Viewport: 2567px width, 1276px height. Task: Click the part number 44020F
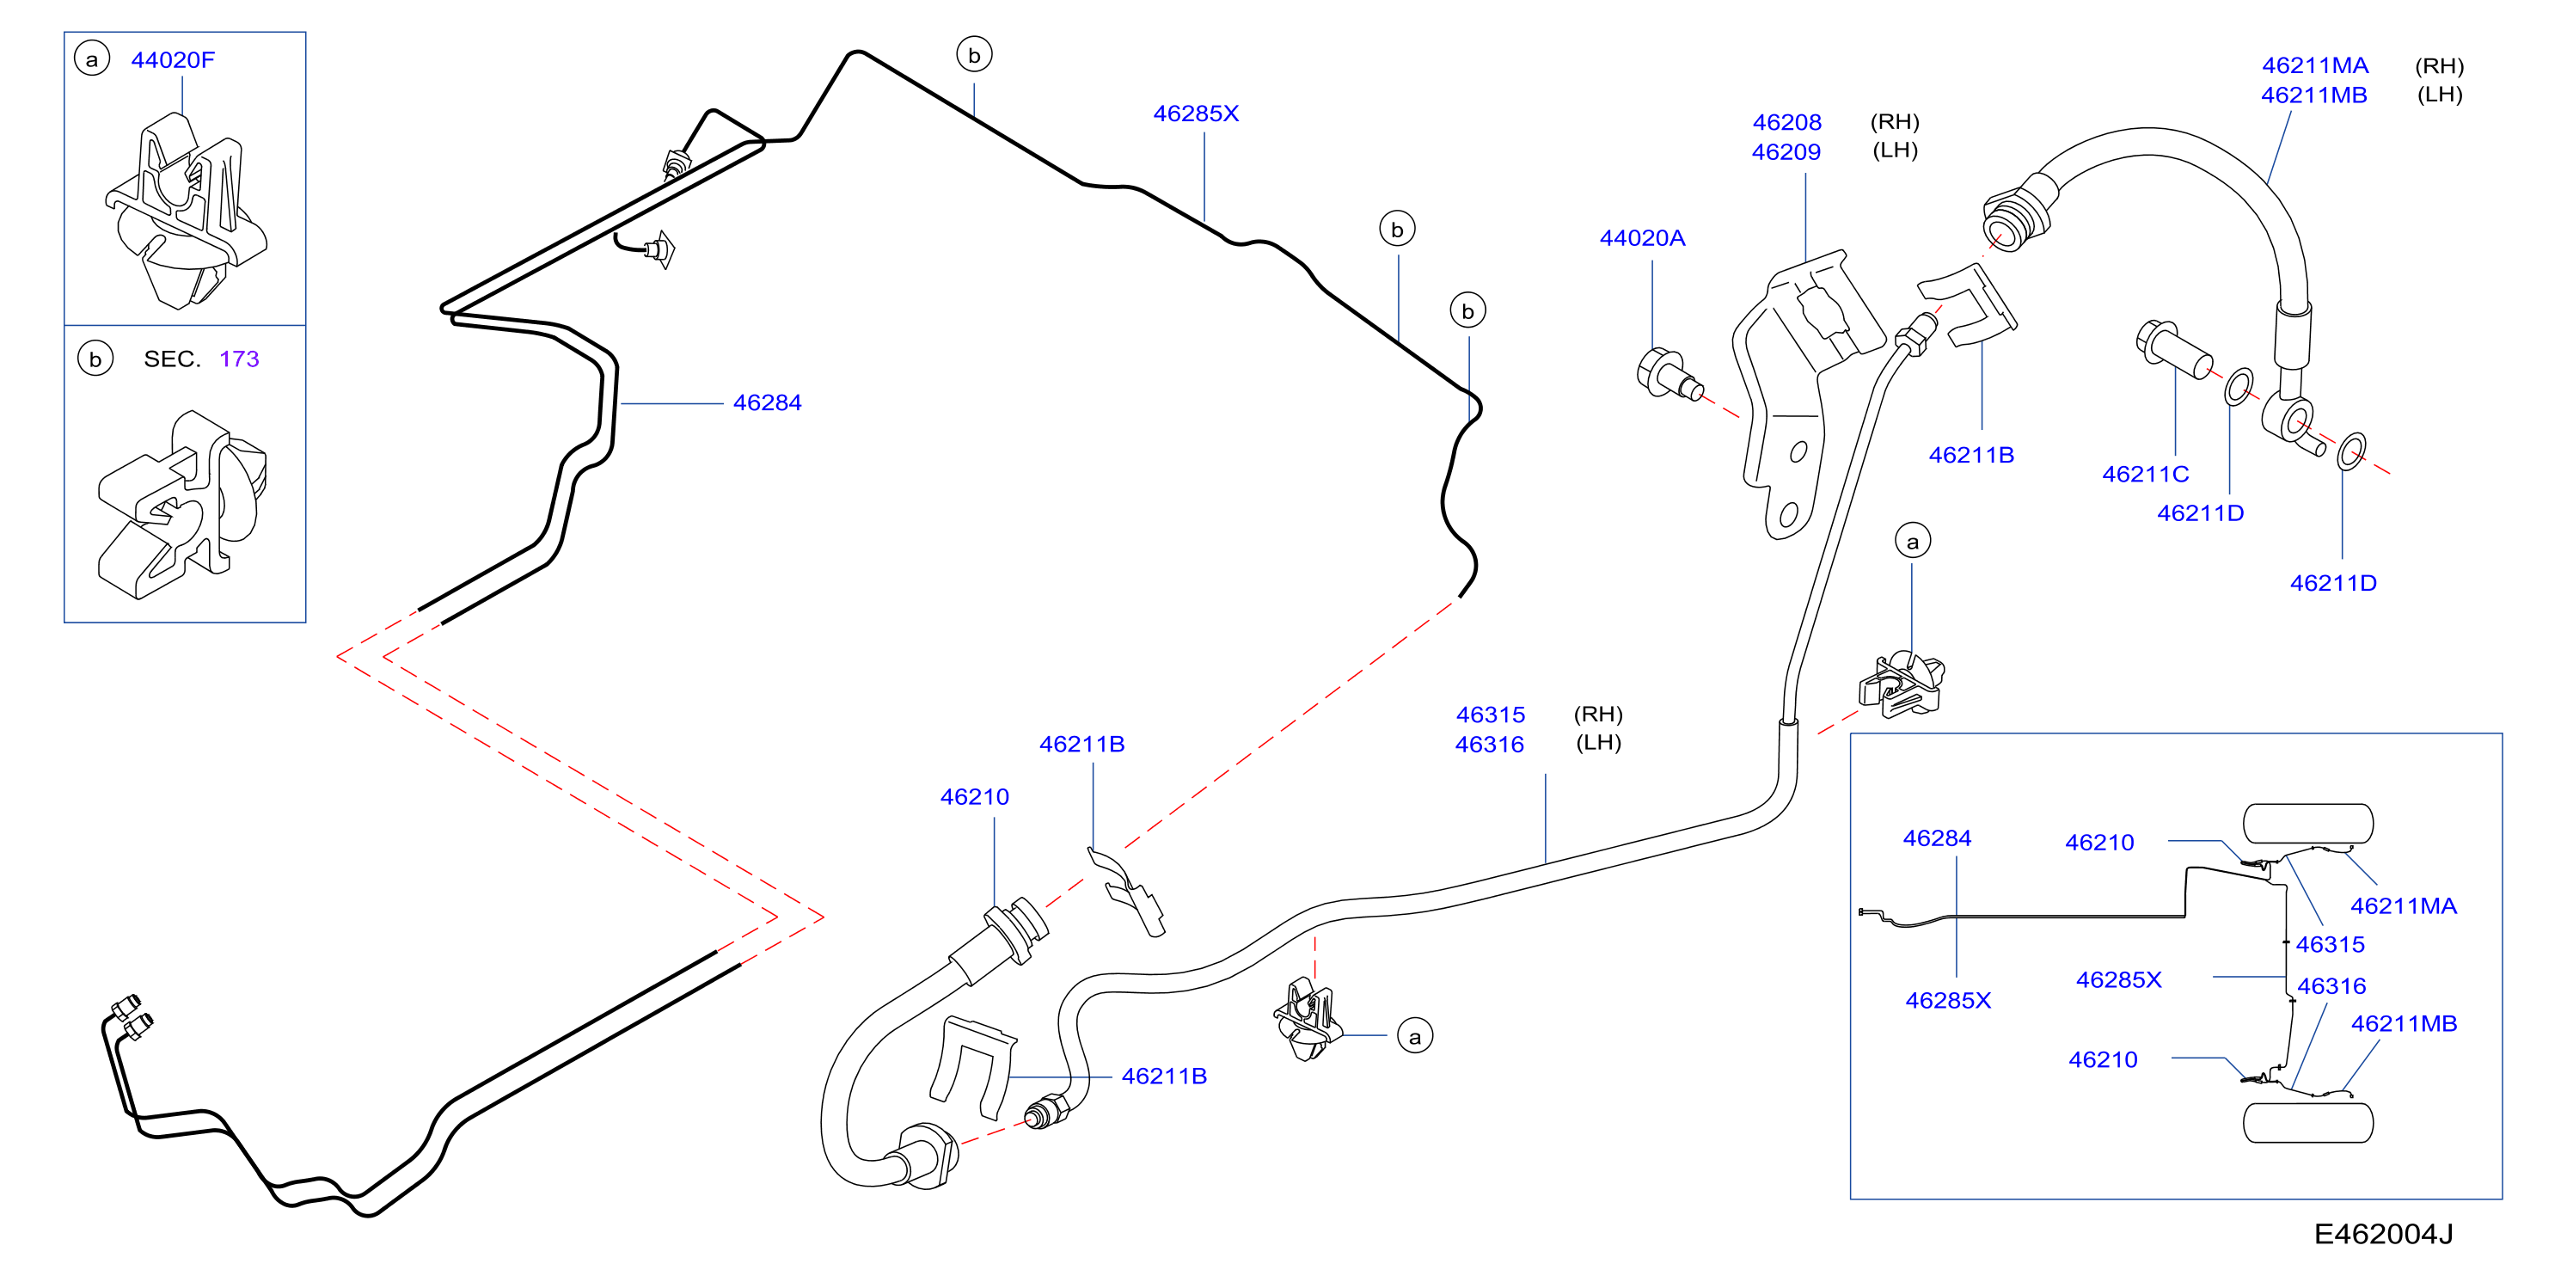coord(173,60)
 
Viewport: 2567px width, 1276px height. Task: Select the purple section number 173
coord(239,359)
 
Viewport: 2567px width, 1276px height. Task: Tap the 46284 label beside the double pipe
coord(768,402)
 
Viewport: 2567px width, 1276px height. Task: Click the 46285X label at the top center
coord(1196,113)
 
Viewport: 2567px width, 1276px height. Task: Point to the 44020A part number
coord(1642,238)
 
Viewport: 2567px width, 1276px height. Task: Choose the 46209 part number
coord(1786,152)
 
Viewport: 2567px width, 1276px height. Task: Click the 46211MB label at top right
coord(2314,95)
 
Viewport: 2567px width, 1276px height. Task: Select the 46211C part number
coord(2146,475)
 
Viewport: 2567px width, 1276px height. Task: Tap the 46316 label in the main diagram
coord(1490,745)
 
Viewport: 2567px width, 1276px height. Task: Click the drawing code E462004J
coord(2384,1234)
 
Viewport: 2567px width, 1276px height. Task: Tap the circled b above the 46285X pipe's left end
coord(975,55)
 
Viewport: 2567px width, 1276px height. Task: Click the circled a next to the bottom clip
coord(1415,1037)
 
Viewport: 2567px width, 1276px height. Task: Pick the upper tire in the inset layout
coord(2308,825)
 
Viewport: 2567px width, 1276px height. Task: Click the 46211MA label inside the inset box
coord(2404,906)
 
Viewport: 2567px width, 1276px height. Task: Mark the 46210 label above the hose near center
coord(975,798)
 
